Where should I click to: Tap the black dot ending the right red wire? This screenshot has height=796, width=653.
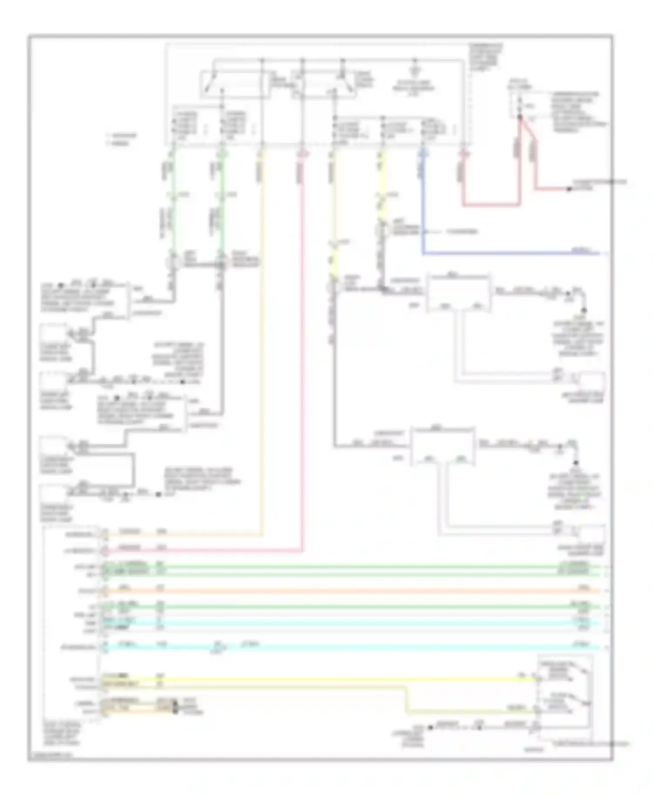click(568, 189)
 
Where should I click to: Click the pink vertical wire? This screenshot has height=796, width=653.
click(301, 348)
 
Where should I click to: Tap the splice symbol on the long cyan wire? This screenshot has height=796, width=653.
click(220, 648)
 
